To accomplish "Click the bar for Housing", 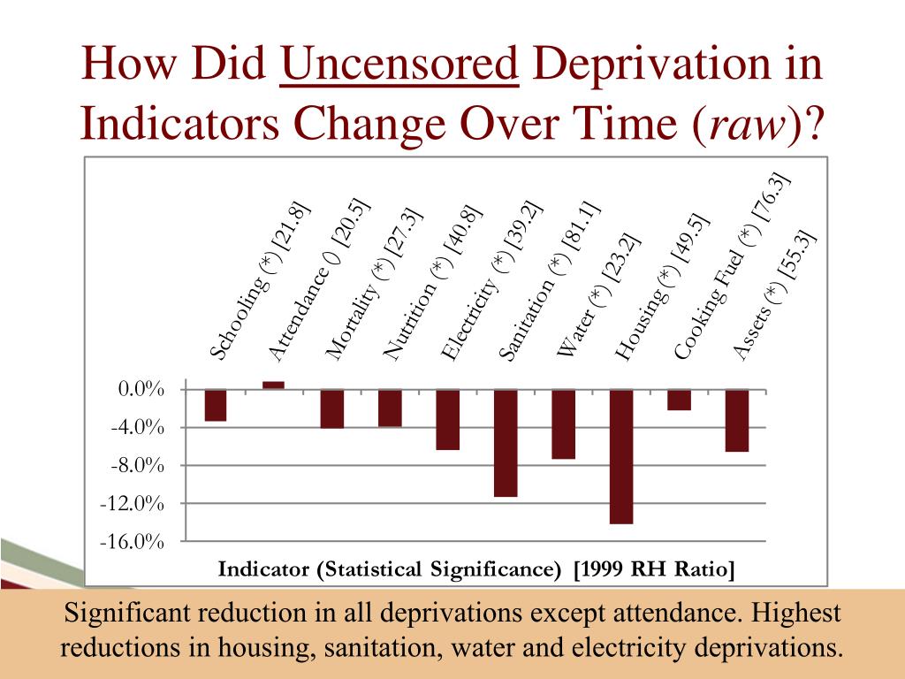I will [621, 456].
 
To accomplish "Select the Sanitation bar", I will [506, 443].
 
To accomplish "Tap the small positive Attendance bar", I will [274, 385].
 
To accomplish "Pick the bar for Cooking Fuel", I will [679, 400].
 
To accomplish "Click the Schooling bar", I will [216, 405].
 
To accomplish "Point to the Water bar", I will [563, 423].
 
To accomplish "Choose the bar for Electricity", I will [447, 419].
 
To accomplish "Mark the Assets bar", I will [737, 420].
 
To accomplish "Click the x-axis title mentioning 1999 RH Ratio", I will [476, 568].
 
